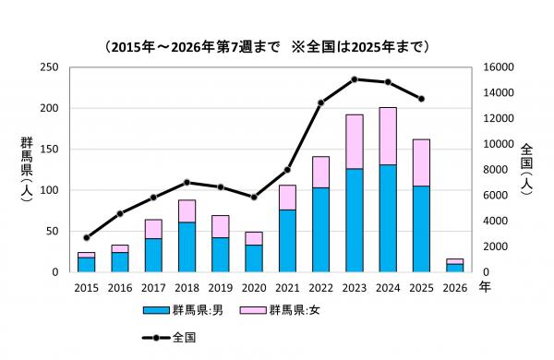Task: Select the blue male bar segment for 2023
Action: (x=355, y=220)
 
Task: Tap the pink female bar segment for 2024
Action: (x=388, y=136)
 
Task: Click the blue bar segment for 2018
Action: (x=187, y=246)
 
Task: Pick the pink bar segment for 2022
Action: (x=320, y=172)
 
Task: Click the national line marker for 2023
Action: (x=355, y=79)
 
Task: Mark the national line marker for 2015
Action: (x=87, y=237)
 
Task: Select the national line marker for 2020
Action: (x=254, y=197)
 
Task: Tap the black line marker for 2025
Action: (x=421, y=99)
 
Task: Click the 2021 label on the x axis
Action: (x=287, y=288)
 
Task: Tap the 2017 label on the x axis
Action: (x=153, y=288)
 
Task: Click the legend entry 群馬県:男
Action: (x=185, y=310)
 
